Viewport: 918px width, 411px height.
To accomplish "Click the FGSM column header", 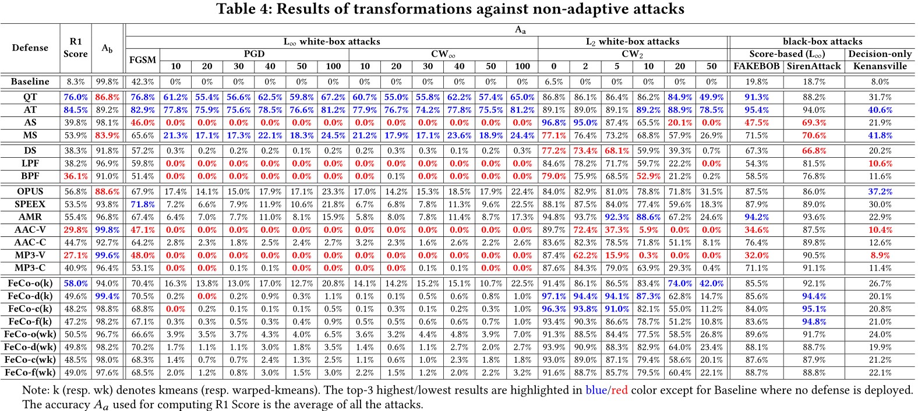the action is click(142, 60).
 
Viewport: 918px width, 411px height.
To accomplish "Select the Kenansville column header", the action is click(880, 66).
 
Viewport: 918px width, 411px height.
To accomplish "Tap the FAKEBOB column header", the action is click(756, 66).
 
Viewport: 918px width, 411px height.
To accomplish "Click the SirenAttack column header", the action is click(814, 66).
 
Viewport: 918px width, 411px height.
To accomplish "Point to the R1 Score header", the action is click(75, 48).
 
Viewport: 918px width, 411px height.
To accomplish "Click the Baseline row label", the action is click(30, 82).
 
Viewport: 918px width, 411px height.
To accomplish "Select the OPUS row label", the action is click(30, 192).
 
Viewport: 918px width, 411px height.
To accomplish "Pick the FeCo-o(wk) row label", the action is click(30, 334).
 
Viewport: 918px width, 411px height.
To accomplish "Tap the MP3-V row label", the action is click(30, 256).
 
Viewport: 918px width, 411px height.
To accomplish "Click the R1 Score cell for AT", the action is click(75, 110).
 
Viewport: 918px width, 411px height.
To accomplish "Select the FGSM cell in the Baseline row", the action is click(142, 82).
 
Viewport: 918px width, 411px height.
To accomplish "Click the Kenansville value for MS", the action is click(880, 135).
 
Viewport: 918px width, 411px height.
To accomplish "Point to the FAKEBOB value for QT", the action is click(756, 97).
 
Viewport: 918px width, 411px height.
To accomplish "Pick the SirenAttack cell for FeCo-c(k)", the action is click(814, 309).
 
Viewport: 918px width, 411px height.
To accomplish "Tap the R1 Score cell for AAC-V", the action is click(75, 230).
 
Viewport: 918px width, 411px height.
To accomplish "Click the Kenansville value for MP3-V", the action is click(880, 256).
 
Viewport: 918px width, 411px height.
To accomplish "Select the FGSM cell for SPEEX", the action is click(142, 204).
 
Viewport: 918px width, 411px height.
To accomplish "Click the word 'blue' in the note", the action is click(596, 389).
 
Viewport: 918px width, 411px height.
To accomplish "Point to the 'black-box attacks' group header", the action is click(822, 41).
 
